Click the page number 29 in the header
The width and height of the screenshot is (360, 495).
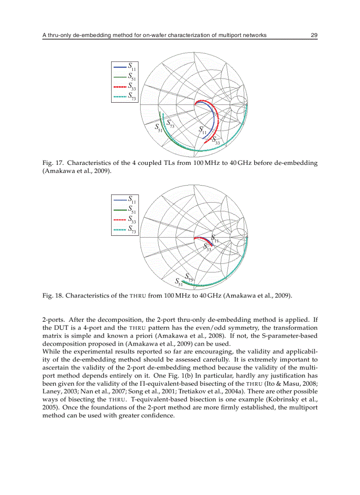point(314,35)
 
